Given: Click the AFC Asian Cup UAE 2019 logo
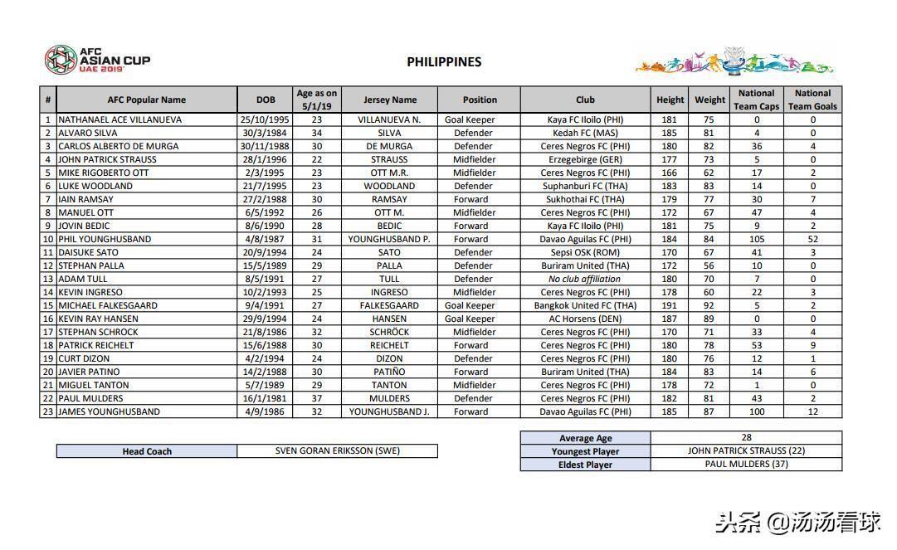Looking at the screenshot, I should coord(97,60).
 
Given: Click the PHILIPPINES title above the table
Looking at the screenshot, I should coord(444,61).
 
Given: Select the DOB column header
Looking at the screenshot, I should coord(266,100).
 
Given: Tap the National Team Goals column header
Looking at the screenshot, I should coord(812,100).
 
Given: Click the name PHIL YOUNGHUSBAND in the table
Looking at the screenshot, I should coord(105,239).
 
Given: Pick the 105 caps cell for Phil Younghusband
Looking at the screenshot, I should coord(756,239).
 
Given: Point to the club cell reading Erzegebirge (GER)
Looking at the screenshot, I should coord(585,159).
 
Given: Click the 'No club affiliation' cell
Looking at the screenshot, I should coord(585,279).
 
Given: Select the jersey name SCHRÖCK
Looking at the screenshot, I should coord(389,332).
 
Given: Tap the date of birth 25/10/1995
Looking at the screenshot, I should coord(266,119).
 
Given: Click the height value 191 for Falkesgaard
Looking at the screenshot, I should coord(670,305).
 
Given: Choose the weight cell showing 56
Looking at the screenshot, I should coord(709,265).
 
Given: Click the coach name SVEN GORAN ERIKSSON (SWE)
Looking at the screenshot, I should coord(337,451).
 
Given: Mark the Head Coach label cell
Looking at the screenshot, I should coord(147,451).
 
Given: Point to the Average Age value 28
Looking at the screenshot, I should coord(746,437).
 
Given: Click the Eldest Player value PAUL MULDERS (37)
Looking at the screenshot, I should coord(746,464).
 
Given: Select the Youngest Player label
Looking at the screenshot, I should coord(585,451).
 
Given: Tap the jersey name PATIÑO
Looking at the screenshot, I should coord(389,372).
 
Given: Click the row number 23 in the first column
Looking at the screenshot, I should coord(48,411).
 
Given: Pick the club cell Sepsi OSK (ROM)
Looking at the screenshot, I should coord(585,252).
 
